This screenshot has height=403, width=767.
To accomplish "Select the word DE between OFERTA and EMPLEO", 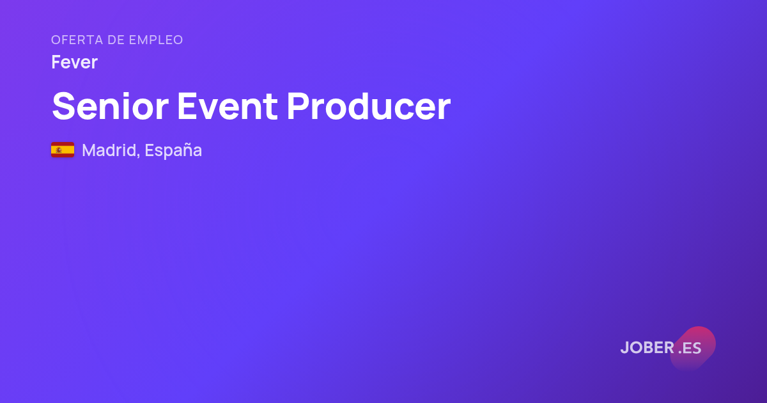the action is pos(116,40).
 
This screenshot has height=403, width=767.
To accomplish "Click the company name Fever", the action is pos(74,63).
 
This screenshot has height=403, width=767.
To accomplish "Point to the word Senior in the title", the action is pos(110,106).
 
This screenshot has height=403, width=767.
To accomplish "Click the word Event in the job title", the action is pos(228,106).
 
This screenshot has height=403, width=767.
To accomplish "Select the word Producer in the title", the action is pos(368,106).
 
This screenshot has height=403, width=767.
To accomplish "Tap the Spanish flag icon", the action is pos(63,150).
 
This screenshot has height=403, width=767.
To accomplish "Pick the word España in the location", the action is pos(173,150).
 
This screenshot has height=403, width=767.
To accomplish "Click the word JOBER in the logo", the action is pos(647,347).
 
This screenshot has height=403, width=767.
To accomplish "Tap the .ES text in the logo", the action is pos(690,348).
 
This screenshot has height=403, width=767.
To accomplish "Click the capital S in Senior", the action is pos(63,106).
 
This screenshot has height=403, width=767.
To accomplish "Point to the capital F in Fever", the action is pos(56,63).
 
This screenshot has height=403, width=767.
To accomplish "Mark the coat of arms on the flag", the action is pos(59,150).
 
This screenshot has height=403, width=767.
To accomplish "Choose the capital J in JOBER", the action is pos(624,347).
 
